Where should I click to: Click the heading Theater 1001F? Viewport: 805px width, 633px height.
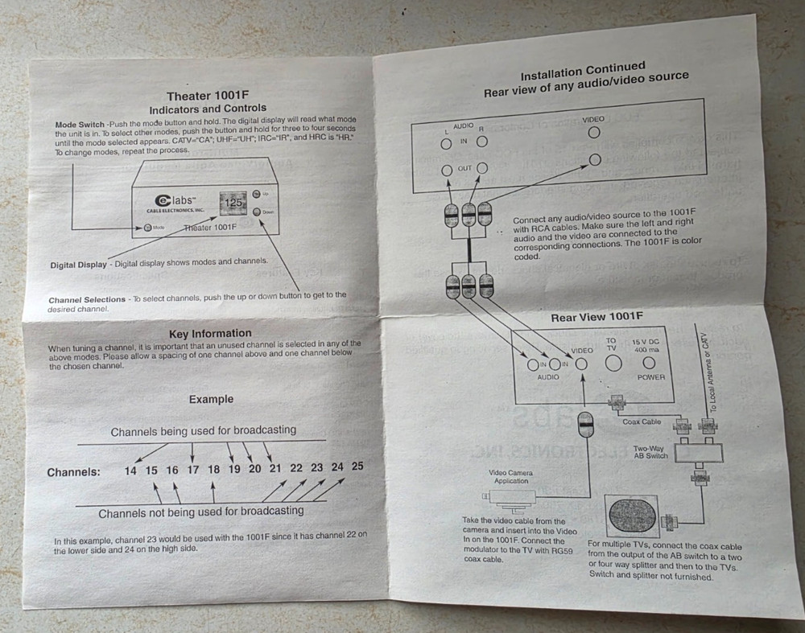[x=207, y=95]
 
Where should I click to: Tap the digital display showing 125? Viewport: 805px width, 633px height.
[x=233, y=203]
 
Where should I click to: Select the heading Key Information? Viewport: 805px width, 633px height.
[x=210, y=333]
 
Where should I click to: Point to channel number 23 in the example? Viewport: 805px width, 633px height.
[x=316, y=467]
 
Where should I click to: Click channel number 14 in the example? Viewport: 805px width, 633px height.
[x=130, y=471]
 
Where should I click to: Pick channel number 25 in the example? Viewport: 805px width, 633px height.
[x=357, y=466]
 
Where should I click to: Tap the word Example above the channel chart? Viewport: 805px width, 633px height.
[x=211, y=399]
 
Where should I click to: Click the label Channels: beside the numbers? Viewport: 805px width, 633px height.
[x=73, y=472]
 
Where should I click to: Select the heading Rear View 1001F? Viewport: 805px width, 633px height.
[x=597, y=317]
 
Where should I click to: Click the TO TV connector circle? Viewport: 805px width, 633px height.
[x=613, y=362]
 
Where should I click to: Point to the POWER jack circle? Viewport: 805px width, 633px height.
[x=649, y=363]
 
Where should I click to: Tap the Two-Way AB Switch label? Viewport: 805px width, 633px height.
[x=651, y=451]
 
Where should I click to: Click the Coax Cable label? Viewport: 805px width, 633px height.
[x=641, y=421]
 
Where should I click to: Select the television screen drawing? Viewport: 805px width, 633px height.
[x=633, y=518]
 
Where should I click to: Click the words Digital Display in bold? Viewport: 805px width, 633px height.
[x=78, y=265]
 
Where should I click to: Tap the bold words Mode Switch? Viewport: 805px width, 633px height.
[x=80, y=125]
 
